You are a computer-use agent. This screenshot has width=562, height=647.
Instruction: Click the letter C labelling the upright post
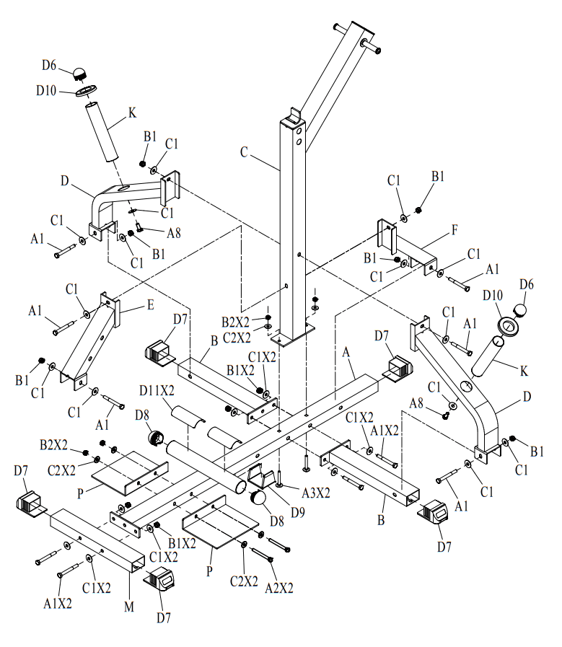pyautogui.click(x=244, y=152)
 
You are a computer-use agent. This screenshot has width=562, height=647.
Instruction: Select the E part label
pyautogui.click(x=151, y=305)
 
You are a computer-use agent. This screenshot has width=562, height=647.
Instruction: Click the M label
pyautogui.click(x=128, y=607)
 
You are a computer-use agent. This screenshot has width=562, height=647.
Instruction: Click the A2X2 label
pyautogui.click(x=279, y=587)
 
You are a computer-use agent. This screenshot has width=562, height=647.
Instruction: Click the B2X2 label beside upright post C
pyautogui.click(x=237, y=321)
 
